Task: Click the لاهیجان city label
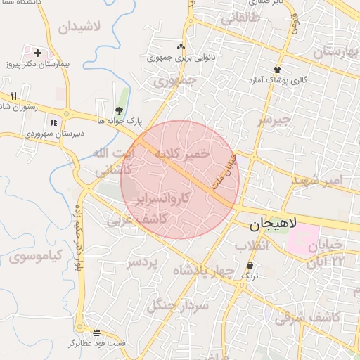pos(283,224)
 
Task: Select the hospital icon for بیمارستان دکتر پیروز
pos(37,53)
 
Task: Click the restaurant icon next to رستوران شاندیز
pos(13,96)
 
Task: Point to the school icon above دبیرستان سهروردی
pos(53,122)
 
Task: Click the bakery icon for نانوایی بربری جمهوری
pos(181,47)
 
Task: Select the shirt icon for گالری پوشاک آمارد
pos(277,70)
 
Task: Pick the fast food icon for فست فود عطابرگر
pos(96,332)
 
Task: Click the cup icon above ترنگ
pos(250,265)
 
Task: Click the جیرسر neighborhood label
pos(274,120)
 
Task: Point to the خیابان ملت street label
pos(225,171)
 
